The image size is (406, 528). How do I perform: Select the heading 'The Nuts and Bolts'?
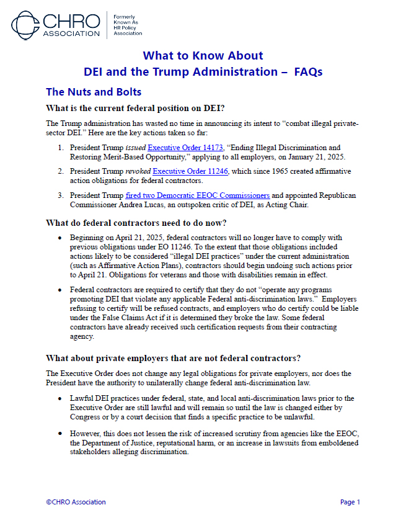(94, 92)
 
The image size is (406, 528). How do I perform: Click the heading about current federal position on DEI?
(135, 108)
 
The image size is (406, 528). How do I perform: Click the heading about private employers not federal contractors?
(174, 358)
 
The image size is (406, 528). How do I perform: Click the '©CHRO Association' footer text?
(76, 502)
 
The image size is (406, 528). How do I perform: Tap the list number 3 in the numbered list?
(61, 195)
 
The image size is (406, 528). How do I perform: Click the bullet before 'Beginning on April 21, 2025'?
(59, 238)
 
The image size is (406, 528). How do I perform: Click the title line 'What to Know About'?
(203, 56)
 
